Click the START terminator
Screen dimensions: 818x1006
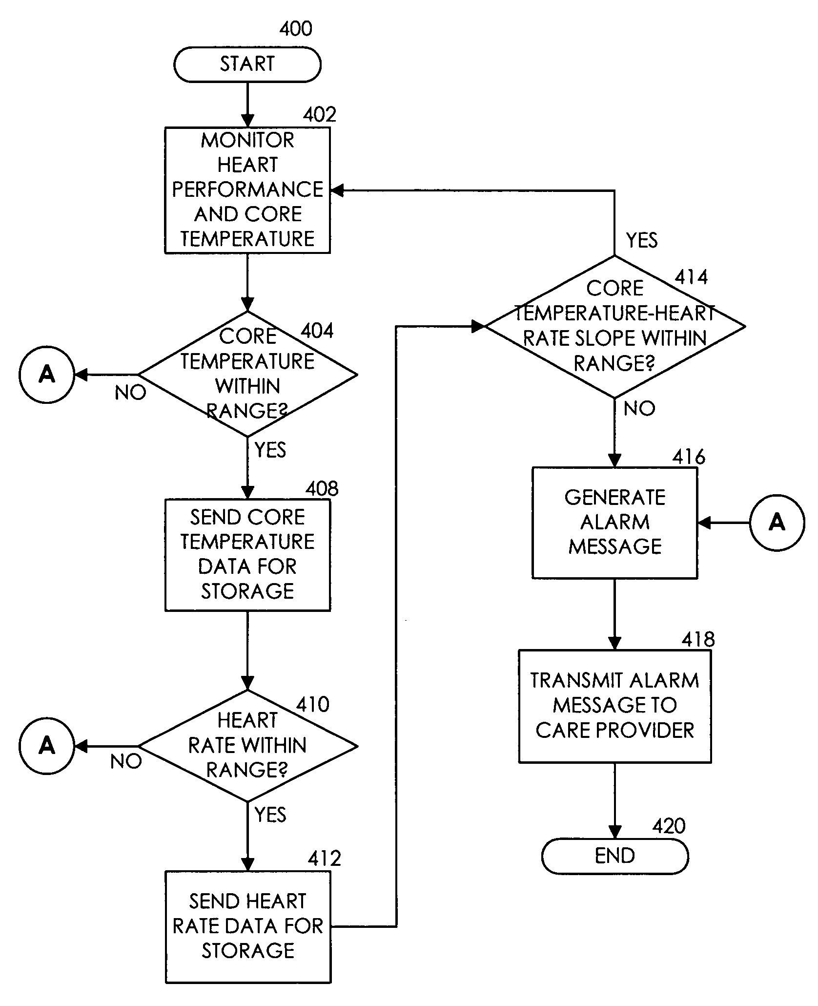(247, 64)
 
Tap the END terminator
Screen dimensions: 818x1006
(615, 856)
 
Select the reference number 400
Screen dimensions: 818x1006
(296, 29)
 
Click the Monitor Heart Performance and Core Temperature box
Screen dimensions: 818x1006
(247, 190)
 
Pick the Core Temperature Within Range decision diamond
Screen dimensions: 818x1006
(248, 374)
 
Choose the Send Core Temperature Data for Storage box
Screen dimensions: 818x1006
(248, 554)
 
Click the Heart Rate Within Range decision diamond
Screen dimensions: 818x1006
(248, 746)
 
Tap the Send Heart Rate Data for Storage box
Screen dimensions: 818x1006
(248, 926)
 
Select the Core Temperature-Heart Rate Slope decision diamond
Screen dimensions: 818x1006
(615, 326)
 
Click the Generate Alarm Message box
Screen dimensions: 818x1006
(615, 523)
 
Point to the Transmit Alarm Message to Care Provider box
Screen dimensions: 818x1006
(615, 706)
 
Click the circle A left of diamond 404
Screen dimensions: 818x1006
(47, 375)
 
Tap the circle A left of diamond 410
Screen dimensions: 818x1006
(47, 746)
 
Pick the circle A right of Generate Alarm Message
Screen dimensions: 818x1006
(777, 523)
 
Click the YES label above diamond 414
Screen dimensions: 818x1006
(642, 240)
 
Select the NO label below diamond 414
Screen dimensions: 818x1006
(639, 408)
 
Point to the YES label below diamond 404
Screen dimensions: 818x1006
(270, 450)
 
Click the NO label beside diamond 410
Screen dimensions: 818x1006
(126, 761)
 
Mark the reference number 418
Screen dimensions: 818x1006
(698, 639)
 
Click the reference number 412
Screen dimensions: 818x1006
(324, 858)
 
